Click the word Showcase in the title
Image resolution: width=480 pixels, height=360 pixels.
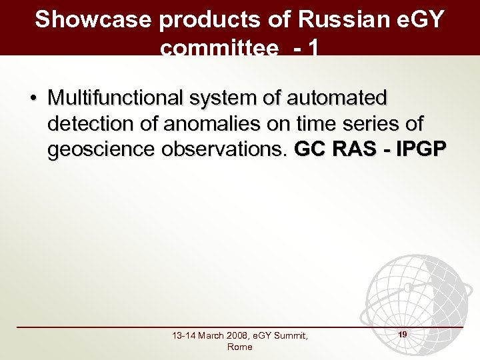coord(93,19)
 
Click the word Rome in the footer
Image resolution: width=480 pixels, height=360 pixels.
coord(239,347)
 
